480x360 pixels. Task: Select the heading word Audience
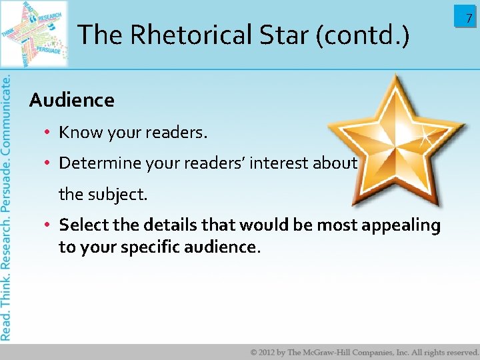[72, 101]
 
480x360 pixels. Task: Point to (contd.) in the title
[365, 35]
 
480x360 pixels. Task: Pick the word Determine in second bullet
[95, 163]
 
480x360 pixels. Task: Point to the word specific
[146, 247]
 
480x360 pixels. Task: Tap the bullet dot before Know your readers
[49, 133]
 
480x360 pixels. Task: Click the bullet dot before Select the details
[49, 225]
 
